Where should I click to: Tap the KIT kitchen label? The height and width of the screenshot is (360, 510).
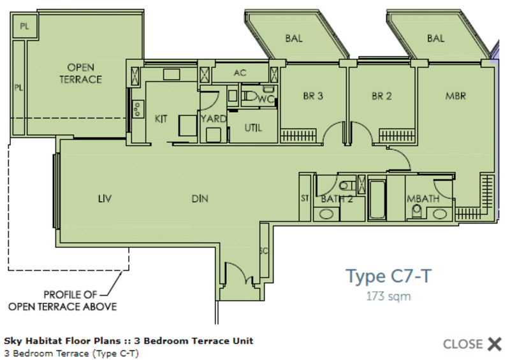161,118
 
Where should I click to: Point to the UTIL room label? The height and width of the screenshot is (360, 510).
253,128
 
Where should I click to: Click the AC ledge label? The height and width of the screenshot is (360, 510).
240,73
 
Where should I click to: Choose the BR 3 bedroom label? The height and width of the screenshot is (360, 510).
312,96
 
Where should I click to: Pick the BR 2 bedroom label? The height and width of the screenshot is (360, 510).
381,96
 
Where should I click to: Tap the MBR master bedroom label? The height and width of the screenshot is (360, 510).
456,96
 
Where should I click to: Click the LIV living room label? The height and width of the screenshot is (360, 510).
105,199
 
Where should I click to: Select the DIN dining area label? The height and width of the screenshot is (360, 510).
200,199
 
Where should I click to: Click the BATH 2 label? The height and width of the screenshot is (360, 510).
337,199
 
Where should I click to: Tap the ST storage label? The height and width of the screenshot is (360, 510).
305,199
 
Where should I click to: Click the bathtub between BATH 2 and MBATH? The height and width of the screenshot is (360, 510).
377,199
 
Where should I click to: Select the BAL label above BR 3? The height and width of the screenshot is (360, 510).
294,38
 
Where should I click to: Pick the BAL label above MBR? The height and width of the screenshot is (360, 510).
435,38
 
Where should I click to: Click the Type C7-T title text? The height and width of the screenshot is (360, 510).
389,276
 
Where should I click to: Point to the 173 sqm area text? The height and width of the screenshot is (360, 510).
388,296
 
